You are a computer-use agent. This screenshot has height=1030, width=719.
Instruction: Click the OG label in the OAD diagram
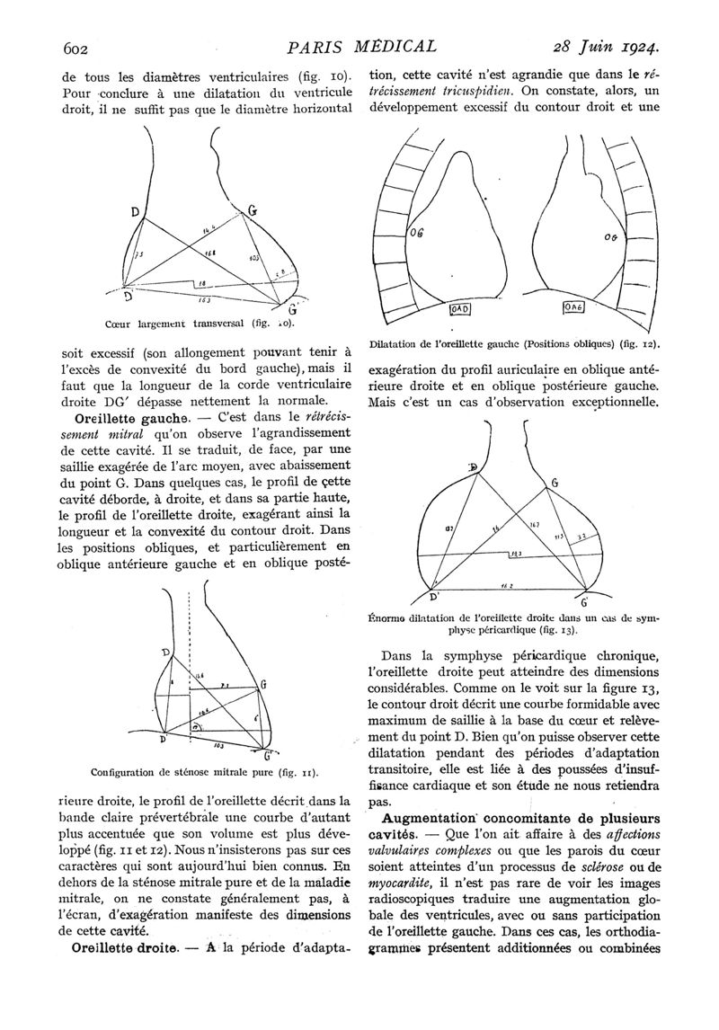[416, 233]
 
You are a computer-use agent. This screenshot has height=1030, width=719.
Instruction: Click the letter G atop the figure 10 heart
[253, 211]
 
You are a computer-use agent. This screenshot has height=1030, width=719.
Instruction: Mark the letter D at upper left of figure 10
[135, 213]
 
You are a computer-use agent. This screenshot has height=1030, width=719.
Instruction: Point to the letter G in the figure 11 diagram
[263, 685]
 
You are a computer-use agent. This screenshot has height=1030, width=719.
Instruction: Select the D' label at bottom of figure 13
[434, 596]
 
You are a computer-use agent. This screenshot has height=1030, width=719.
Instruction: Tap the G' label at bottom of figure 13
[584, 599]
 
